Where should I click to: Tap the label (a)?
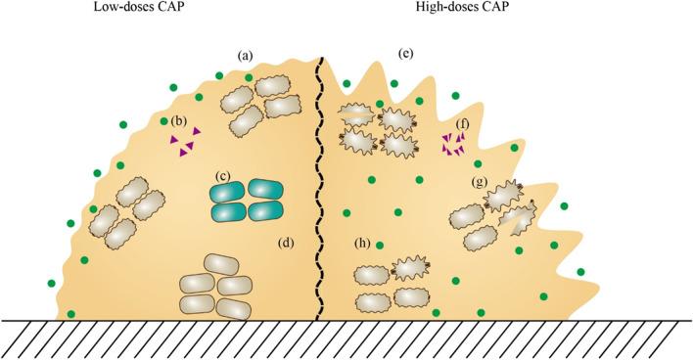tap(246, 56)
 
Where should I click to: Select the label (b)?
tap(179, 121)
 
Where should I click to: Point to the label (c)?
tap(224, 176)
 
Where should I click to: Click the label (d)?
tap(286, 242)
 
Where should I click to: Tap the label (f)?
tap(463, 124)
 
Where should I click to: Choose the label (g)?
tap(479, 183)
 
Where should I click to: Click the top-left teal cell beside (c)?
tap(231, 191)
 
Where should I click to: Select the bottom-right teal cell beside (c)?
tap(265, 211)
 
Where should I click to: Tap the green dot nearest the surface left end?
tap(72, 314)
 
